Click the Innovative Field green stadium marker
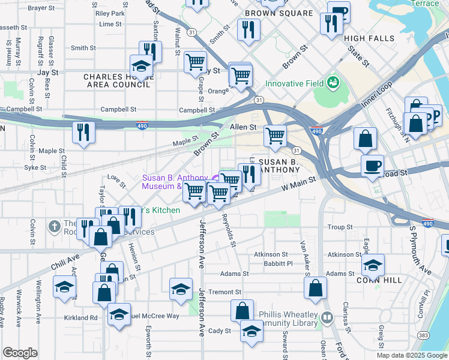[x=333, y=83]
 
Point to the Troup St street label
[x=340, y=227]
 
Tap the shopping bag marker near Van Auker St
[x=316, y=288]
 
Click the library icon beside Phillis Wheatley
[x=327, y=317]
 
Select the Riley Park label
[x=109, y=13]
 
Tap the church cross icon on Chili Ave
[x=54, y=226]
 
